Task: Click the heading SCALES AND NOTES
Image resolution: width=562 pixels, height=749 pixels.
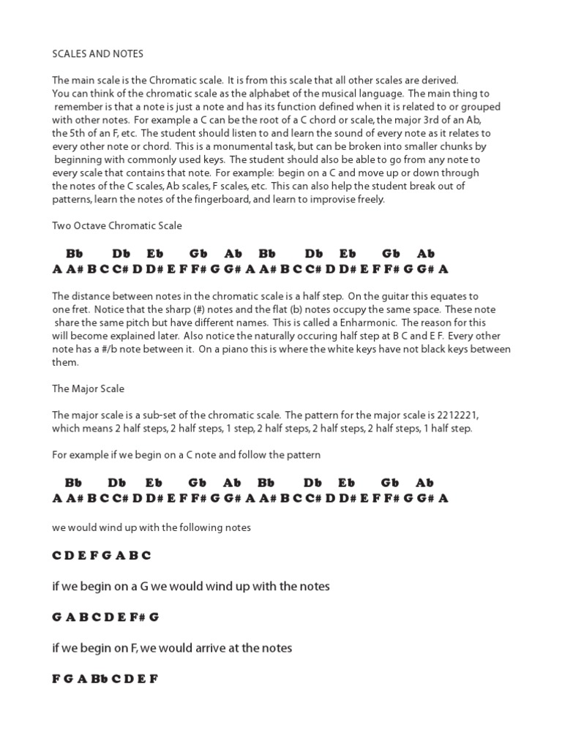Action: (x=97, y=54)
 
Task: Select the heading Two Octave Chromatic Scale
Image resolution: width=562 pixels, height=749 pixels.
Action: (x=117, y=226)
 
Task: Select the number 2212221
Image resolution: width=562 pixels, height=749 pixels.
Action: (x=476, y=415)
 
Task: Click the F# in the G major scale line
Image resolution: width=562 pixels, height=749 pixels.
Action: (x=137, y=617)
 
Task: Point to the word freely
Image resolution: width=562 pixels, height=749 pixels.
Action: (x=369, y=199)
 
